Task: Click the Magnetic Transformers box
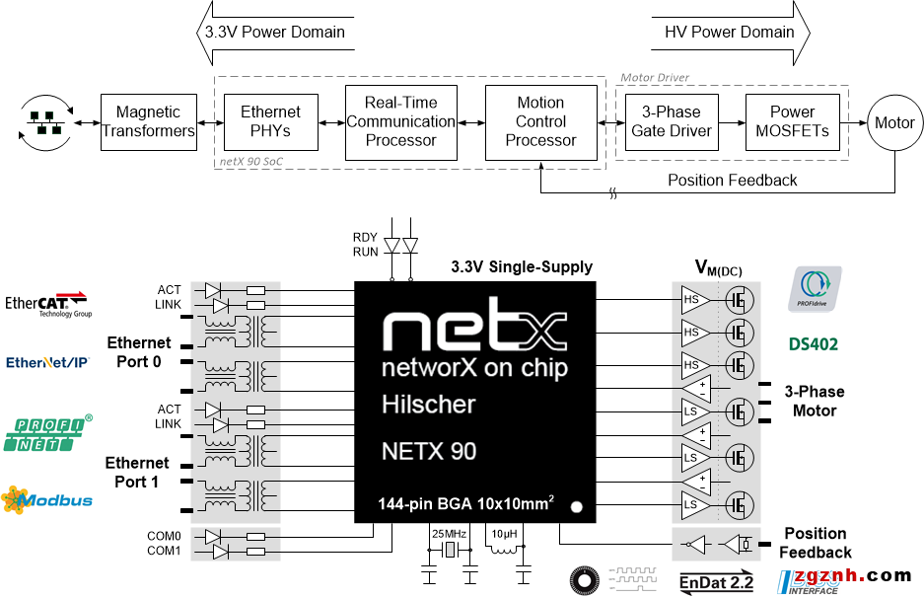149,122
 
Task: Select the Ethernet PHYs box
271,122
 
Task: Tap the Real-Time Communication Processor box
400,122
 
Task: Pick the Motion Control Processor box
540,122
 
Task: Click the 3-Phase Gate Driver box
671,122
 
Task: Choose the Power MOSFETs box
792,122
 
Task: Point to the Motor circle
894,123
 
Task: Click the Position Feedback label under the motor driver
732,180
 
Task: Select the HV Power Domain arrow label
730,32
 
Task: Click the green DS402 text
814,345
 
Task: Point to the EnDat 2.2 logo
717,582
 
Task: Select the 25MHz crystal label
449,534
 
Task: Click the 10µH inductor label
504,534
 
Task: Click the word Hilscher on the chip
428,405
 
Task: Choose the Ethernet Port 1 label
138,472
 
